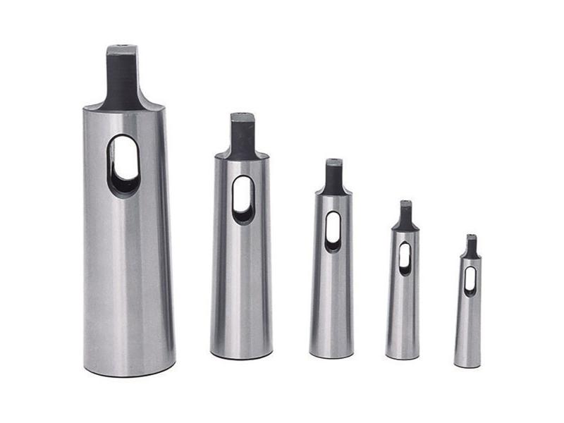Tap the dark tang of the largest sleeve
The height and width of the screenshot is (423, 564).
pyautogui.click(x=122, y=78)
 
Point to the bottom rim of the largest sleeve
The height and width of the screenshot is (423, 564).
pyautogui.click(x=130, y=372)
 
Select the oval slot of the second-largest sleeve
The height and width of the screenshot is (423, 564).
pyautogui.click(x=243, y=199)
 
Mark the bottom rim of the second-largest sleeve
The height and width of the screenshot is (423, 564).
pyautogui.click(x=241, y=356)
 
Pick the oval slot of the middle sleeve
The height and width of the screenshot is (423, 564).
pyautogui.click(x=333, y=231)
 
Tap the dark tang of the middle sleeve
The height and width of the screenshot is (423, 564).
pyautogui.click(x=333, y=176)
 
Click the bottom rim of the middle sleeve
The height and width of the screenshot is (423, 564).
pyautogui.click(x=331, y=355)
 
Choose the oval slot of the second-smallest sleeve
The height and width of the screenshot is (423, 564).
pyautogui.click(x=405, y=258)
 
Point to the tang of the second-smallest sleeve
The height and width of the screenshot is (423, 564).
pyautogui.click(x=405, y=215)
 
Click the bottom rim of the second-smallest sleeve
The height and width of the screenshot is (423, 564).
pyautogui.click(x=403, y=357)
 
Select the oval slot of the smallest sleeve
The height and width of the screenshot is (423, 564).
pyautogui.click(x=470, y=280)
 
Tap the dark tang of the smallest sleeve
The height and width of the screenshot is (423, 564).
pyautogui.click(x=471, y=246)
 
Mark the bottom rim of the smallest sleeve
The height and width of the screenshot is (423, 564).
pyautogui.click(x=467, y=366)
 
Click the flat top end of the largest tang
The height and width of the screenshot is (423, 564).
pyautogui.click(x=122, y=48)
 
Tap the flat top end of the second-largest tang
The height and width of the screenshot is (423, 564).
pyautogui.click(x=242, y=116)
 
